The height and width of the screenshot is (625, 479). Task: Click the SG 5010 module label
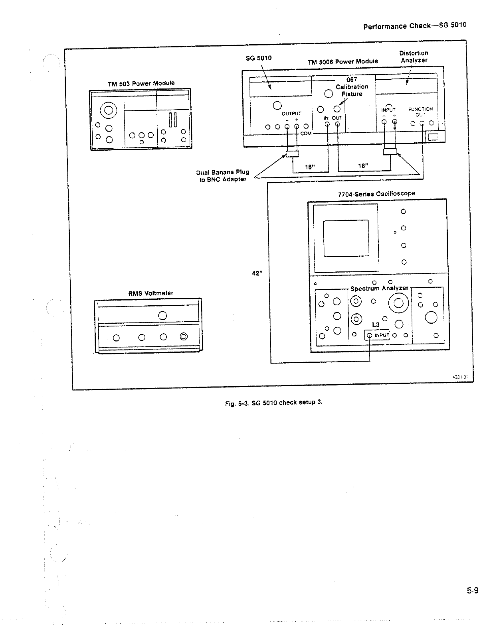[x=258, y=58]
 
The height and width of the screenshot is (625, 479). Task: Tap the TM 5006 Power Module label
[x=342, y=61]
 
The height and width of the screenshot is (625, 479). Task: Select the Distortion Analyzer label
[x=414, y=57]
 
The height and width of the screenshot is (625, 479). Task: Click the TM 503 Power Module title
[x=141, y=84]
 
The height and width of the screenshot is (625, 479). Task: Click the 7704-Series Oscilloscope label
[x=376, y=194]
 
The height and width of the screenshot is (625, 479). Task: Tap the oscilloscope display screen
[x=346, y=238]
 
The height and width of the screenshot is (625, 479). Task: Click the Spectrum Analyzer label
[x=379, y=288]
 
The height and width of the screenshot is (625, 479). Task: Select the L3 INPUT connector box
[x=377, y=335]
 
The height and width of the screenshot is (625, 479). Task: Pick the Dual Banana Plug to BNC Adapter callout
[x=222, y=176]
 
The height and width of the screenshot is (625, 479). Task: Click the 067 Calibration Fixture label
[x=352, y=87]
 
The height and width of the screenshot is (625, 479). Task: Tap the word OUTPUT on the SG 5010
[x=291, y=114]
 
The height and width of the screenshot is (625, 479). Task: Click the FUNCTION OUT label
[x=420, y=112]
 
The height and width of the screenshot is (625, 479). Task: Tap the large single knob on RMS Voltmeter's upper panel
[x=162, y=315]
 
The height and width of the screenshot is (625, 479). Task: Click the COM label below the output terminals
[x=306, y=134]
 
